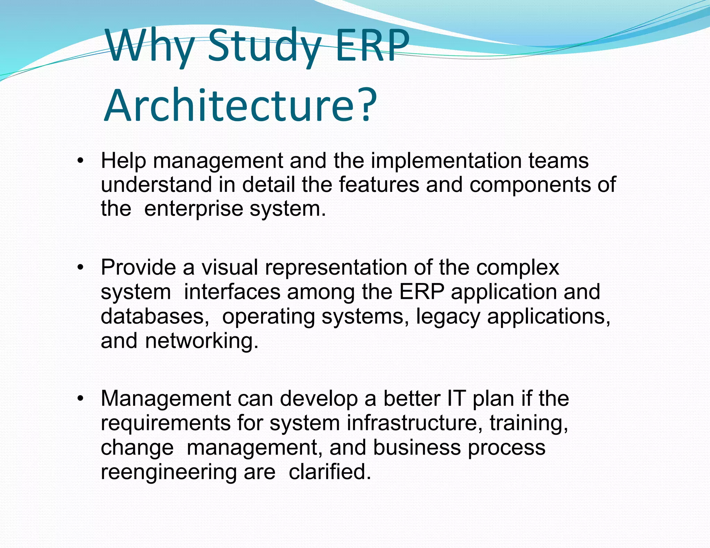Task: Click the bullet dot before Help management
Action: coord(80,161)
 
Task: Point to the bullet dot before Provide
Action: coord(80,268)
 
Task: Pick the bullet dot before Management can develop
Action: coord(80,399)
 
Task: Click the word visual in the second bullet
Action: coord(230,267)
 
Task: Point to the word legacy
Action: coord(448,316)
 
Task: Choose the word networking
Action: coord(201,341)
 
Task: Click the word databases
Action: coord(155,316)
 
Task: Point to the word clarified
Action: coord(330,471)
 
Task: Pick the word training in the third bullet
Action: coord(529,423)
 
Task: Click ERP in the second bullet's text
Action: coord(422,292)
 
